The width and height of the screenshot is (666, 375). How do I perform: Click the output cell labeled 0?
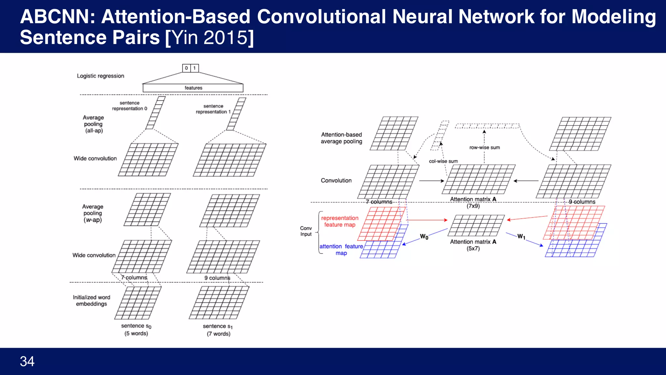186,68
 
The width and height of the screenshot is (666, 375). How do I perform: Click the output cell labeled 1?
194,68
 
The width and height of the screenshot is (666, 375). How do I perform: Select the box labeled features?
193,88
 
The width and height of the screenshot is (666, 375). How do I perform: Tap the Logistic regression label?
100,76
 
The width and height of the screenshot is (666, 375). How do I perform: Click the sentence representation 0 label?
129,106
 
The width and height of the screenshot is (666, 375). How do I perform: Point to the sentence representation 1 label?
213,109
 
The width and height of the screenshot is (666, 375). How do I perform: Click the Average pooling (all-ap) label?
93,124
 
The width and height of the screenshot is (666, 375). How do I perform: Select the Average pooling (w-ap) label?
93,213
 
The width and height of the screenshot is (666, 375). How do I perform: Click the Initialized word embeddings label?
91,300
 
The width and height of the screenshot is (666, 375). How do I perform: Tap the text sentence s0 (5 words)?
136,329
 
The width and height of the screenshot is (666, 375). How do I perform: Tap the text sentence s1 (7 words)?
218,330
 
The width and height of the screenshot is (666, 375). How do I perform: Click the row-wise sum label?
485,147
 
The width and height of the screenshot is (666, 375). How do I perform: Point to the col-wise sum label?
443,161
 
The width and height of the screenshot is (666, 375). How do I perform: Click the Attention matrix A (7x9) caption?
473,202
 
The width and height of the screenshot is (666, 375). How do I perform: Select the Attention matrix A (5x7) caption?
473,245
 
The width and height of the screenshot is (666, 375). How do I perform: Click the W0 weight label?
424,237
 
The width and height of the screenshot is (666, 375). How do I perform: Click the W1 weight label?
521,237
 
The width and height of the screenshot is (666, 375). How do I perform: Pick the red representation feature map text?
340,221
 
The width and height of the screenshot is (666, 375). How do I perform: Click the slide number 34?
27,361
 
